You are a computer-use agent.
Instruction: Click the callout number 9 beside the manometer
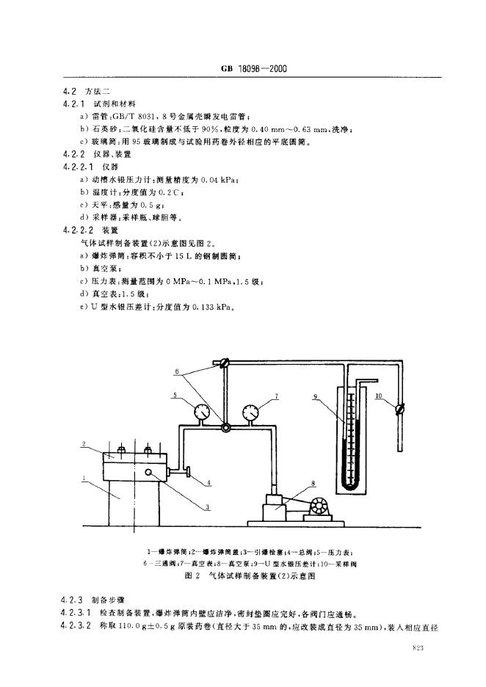pyautogui.click(x=314, y=397)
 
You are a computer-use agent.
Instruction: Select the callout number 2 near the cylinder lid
pyautogui.click(x=85, y=444)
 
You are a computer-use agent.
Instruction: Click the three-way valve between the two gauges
pyautogui.click(x=225, y=427)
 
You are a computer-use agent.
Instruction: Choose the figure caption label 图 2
pyautogui.click(x=195, y=577)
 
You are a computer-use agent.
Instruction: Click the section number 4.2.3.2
pyautogui.click(x=79, y=627)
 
